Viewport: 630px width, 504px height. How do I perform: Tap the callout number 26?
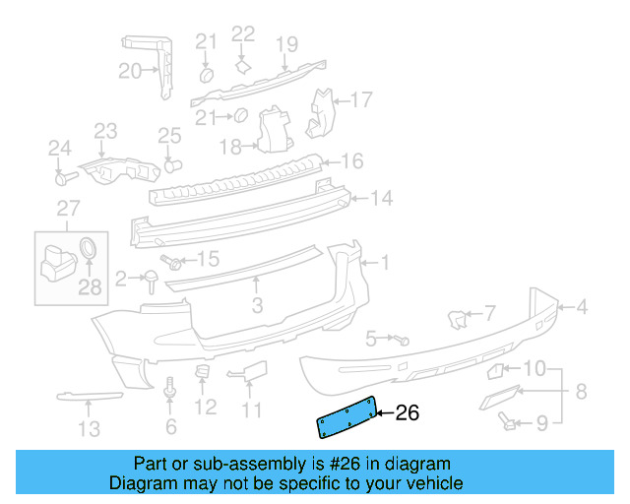pos(407,413)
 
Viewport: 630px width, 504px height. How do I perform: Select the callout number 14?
pos(381,198)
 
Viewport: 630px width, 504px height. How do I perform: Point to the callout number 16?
pos(351,160)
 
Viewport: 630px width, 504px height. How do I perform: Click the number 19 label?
pos(285,43)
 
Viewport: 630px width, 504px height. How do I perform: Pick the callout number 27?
pos(67,208)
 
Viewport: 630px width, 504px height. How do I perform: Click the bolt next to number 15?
pos(174,262)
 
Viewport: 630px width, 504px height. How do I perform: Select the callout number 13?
pos(89,428)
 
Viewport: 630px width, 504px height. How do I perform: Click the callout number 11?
pos(252,409)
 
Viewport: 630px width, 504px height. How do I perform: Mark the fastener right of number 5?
pos(403,340)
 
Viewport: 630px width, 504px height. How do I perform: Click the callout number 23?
pos(105,130)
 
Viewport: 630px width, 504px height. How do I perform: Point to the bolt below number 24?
pos(64,178)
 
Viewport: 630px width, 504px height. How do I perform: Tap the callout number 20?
pos(130,71)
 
